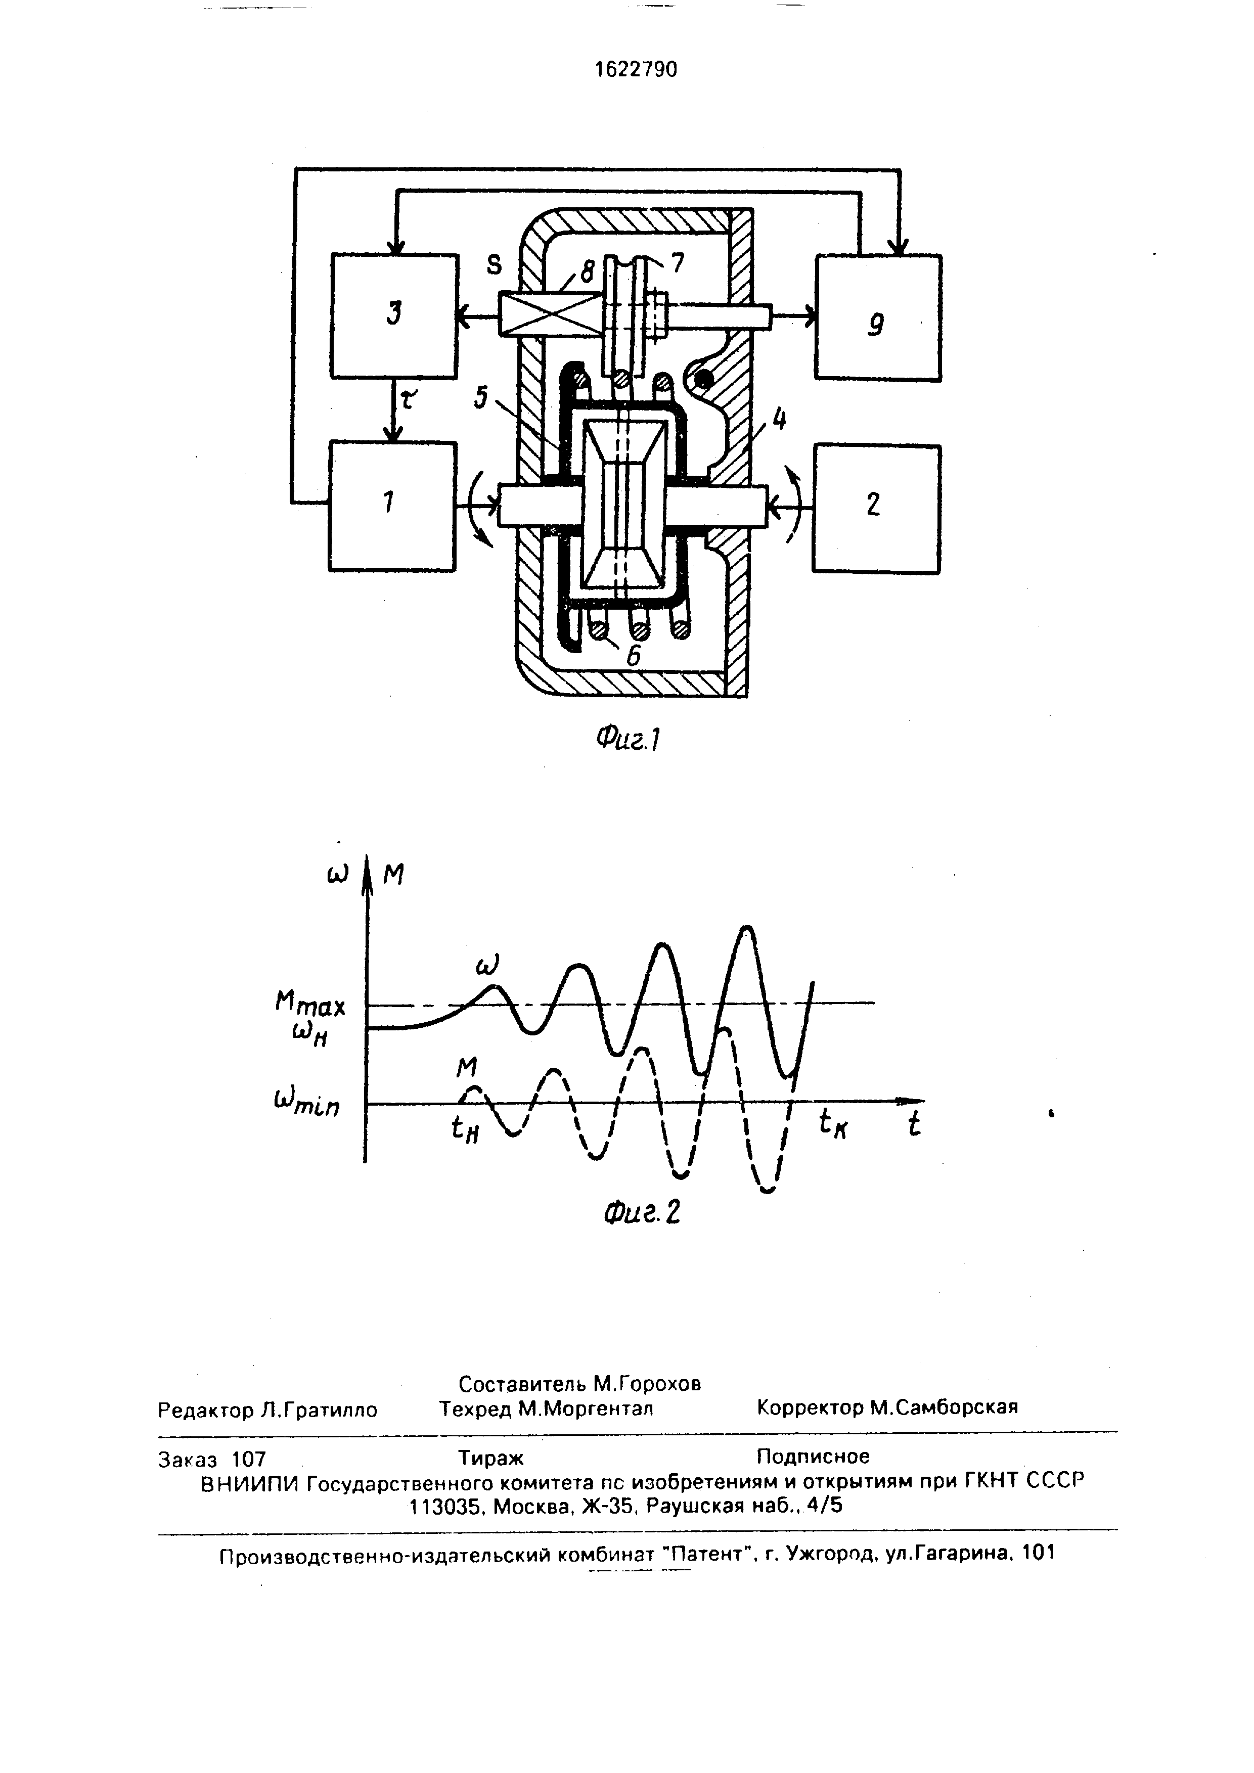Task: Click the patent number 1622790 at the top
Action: pos(636,70)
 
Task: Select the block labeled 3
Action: pos(394,316)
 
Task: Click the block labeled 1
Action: pos(392,506)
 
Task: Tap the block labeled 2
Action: pos(876,508)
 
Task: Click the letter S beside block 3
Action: pos(494,265)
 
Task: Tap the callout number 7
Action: pos(677,263)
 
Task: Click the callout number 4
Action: pos(780,420)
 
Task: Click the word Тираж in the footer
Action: pos(491,1457)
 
